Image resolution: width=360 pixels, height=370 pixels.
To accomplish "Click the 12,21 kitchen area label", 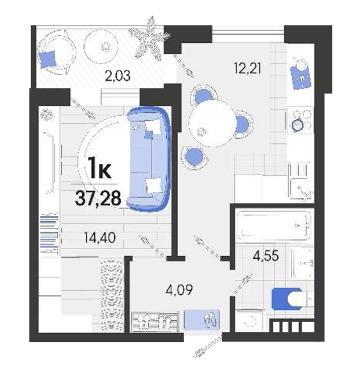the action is [247, 69].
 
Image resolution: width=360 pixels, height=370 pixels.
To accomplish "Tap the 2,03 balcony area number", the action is [117, 76].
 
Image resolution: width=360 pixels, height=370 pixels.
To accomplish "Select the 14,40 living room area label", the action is [100, 238].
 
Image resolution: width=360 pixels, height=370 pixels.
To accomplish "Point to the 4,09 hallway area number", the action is [179, 290].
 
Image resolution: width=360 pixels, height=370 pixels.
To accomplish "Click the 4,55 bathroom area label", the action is [266, 256].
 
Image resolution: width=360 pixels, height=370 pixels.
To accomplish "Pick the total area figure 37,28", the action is [98, 198].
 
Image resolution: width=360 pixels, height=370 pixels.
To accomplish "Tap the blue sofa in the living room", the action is [149, 159].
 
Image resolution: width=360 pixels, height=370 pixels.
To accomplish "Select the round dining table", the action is [212, 123].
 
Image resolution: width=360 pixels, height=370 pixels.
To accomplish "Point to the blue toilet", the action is [291, 299].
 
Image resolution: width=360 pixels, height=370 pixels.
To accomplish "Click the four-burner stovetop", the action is [301, 120].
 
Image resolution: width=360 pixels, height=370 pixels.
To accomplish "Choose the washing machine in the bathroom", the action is [249, 321].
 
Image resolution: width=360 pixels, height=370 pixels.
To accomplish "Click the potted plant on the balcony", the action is [150, 38].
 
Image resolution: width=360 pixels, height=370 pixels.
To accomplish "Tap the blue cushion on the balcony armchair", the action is [47, 59].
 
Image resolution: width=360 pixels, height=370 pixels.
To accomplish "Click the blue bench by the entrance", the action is [202, 320].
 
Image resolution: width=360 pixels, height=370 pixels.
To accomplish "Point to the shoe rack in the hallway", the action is [155, 321].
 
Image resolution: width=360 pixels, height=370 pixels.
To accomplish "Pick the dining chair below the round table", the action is [194, 157].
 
